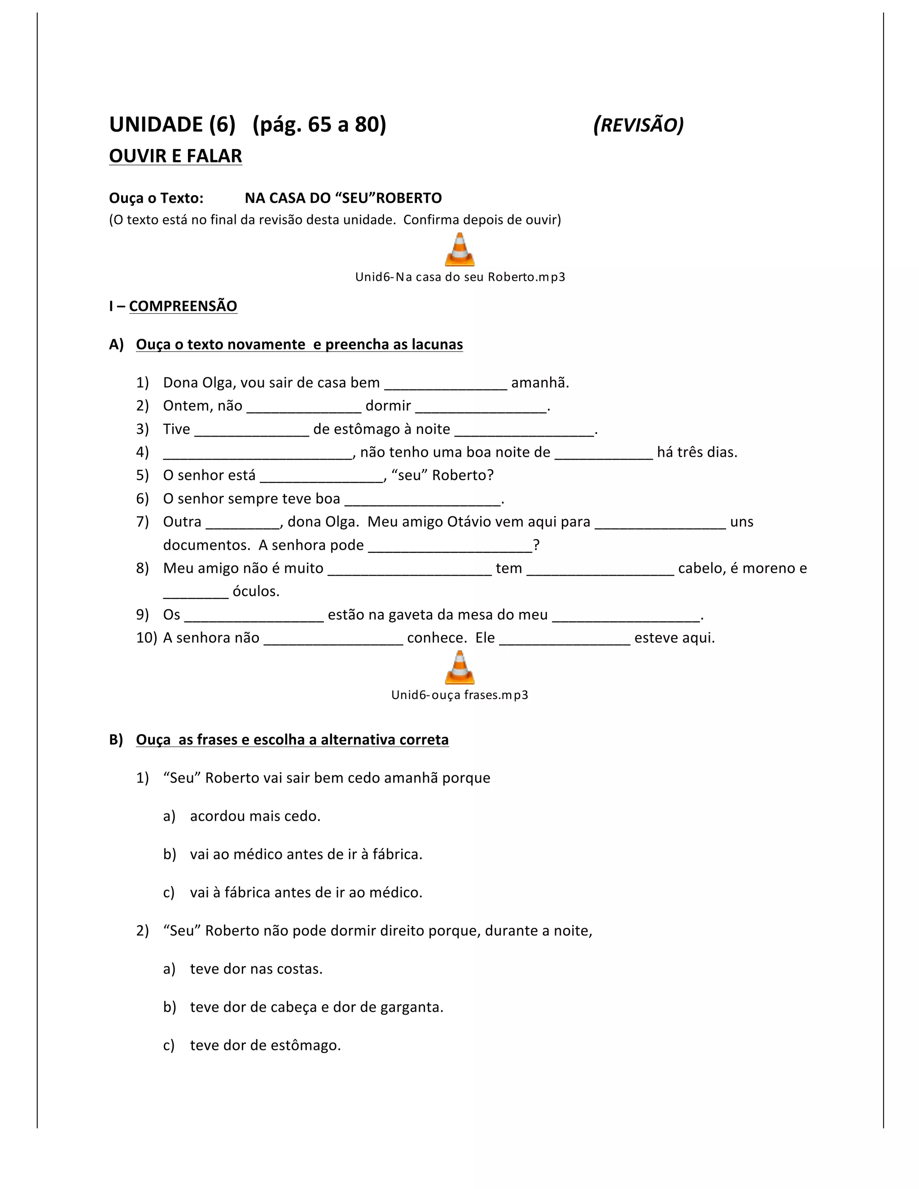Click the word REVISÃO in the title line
tap(638, 125)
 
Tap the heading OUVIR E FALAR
tap(175, 156)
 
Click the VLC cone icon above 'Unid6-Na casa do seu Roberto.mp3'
tap(459, 249)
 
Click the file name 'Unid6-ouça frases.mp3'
tap(459, 695)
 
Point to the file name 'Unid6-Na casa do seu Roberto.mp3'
tap(459, 277)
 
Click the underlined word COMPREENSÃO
tap(183, 306)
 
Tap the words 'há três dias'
tap(697, 452)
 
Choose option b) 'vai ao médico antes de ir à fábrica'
tap(306, 854)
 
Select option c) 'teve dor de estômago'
tap(265, 1045)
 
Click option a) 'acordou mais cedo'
tap(255, 816)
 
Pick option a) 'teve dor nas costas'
tap(256, 969)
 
